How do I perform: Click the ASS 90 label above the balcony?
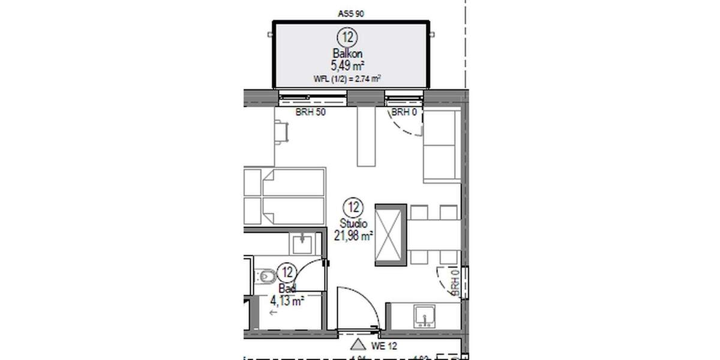coord(352,13)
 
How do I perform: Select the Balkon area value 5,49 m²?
coord(348,65)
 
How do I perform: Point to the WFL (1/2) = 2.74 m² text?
coord(348,79)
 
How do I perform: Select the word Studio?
coord(353,224)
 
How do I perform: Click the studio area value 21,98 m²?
coord(353,235)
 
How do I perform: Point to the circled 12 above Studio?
coord(353,209)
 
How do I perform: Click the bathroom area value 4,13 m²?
coord(287,301)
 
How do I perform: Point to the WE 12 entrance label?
coord(383,346)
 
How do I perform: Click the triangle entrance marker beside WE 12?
coord(358,344)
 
